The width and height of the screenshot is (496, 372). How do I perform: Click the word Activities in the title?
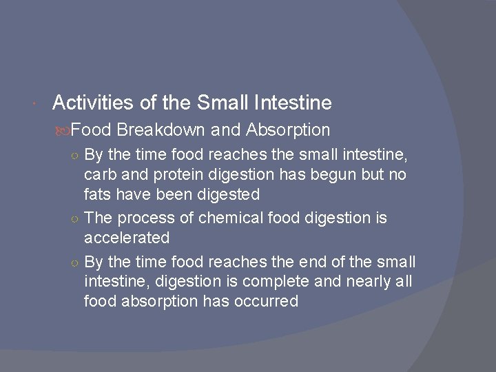(89, 103)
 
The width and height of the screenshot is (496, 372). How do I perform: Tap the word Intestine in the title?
(293, 103)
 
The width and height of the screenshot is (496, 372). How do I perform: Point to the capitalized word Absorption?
(288, 130)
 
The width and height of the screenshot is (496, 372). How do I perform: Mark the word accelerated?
(126, 238)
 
